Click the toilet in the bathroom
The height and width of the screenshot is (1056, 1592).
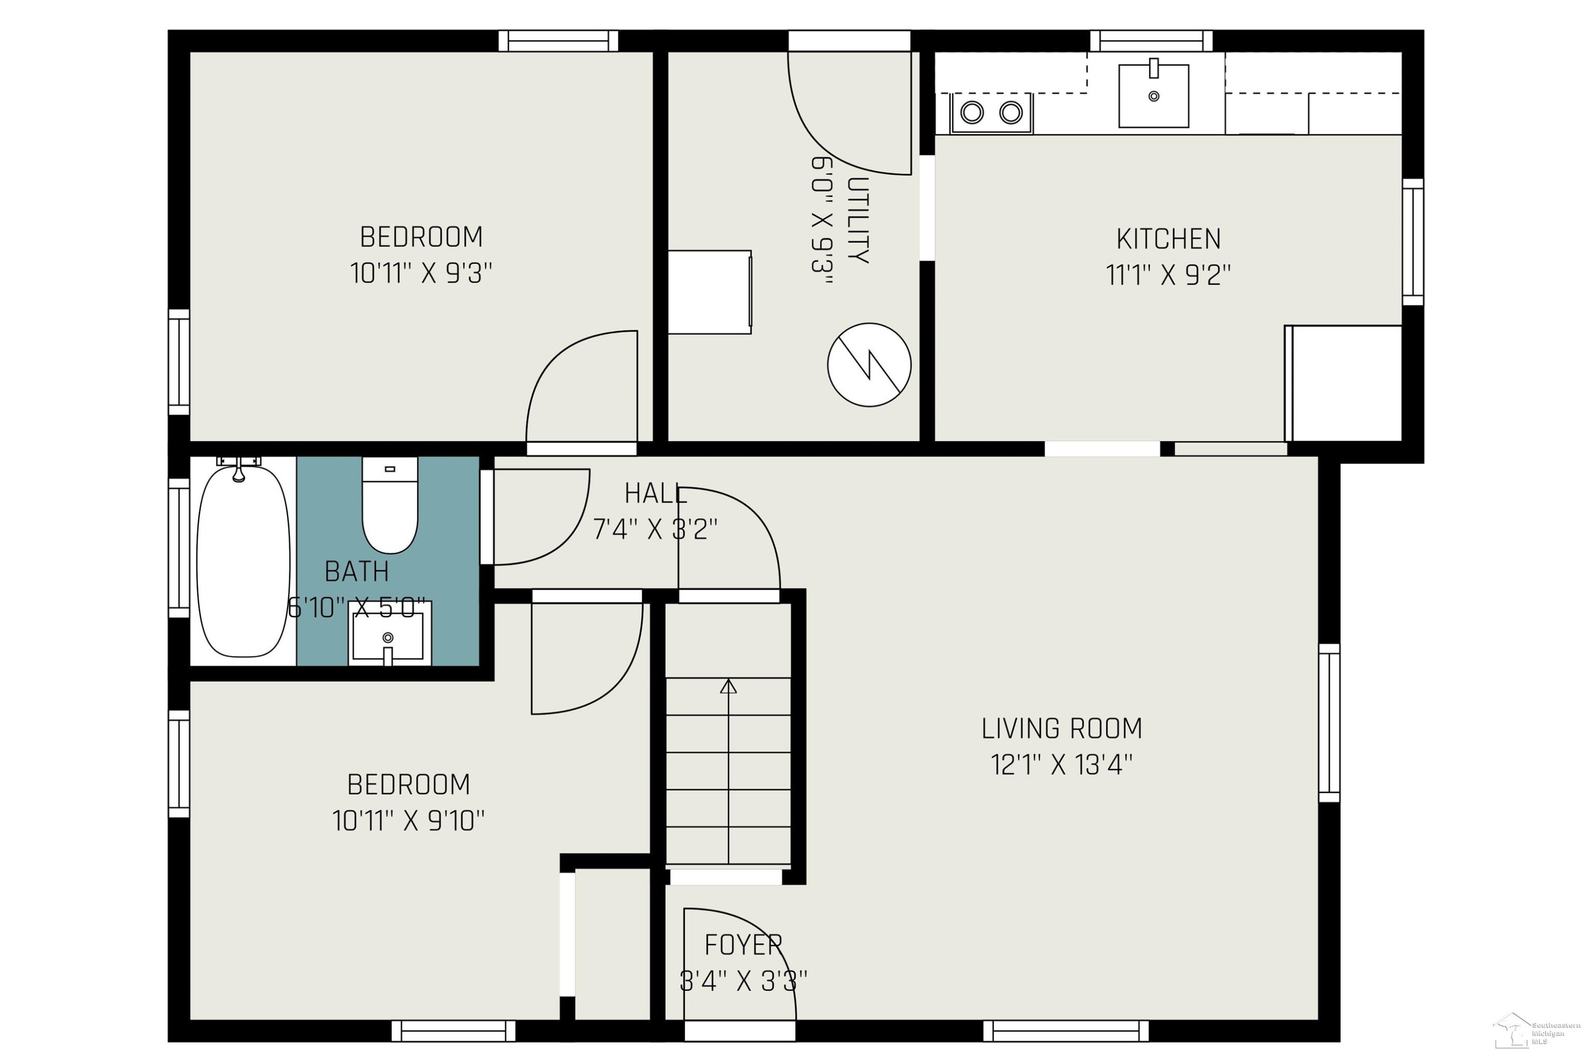[x=390, y=505]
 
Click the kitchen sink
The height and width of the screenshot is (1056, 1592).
[x=1154, y=95]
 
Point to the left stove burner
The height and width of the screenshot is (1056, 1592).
[x=972, y=112]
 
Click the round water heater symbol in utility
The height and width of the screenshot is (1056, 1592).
[x=869, y=364]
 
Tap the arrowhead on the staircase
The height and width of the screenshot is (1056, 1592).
[x=728, y=686]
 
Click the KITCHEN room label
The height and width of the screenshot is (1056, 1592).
[x=1168, y=239]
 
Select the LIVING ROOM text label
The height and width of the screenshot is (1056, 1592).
[x=1062, y=729]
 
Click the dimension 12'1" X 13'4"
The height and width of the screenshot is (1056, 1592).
[x=1062, y=765]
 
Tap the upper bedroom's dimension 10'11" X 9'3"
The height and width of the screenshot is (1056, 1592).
[x=421, y=274]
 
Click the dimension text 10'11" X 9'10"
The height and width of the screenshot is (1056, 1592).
[x=408, y=821]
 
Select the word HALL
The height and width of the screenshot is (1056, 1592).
[x=655, y=494]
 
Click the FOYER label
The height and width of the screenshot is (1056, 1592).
[x=743, y=946]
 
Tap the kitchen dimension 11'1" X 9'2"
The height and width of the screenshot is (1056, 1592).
[x=1168, y=275]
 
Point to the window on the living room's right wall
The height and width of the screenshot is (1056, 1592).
[x=1329, y=722]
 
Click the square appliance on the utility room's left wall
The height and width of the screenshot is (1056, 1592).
[x=710, y=292]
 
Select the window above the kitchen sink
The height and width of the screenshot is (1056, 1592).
[x=1152, y=41]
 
